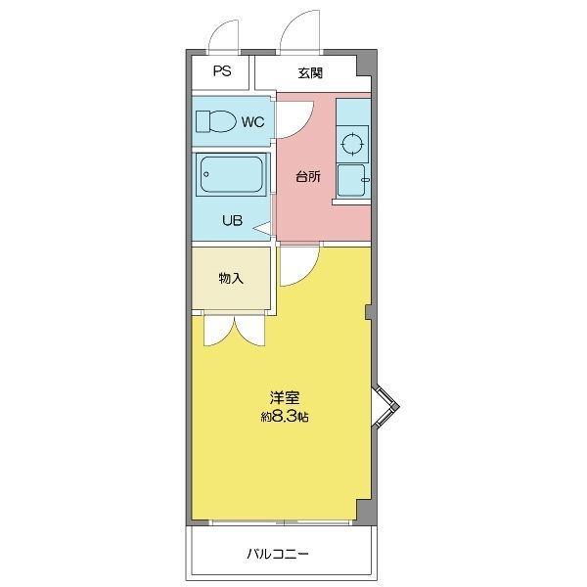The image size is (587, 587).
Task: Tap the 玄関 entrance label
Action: (x=310, y=72)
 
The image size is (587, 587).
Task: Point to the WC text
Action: (x=251, y=122)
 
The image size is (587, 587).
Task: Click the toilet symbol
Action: (x=215, y=121)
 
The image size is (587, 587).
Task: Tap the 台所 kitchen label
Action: (x=307, y=177)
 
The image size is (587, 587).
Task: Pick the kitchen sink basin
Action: (x=350, y=180)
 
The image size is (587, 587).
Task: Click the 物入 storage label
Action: (x=230, y=279)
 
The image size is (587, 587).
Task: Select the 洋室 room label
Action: (x=285, y=398)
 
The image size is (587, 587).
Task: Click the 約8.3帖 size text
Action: (x=285, y=417)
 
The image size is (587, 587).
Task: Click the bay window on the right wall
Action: (x=384, y=407)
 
